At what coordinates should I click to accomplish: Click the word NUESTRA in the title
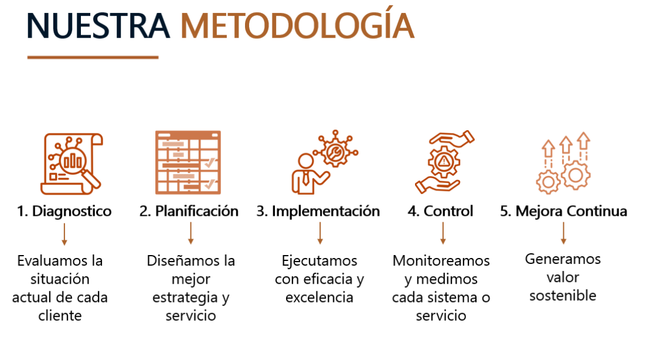(98, 26)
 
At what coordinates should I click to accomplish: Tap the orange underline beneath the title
(93, 57)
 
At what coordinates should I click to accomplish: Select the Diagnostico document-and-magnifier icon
(72, 164)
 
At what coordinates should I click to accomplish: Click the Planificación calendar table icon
(188, 162)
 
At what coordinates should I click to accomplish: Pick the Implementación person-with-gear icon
(325, 162)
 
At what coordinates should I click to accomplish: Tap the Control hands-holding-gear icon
(444, 162)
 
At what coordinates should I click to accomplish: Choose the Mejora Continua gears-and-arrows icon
(563, 163)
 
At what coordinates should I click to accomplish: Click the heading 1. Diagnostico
(64, 211)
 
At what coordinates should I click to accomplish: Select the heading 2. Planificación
(189, 211)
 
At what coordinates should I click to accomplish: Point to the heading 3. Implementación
(318, 211)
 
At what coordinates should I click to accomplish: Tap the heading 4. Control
(440, 211)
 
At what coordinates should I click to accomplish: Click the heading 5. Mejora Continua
(564, 211)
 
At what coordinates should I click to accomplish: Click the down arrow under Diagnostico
(64, 234)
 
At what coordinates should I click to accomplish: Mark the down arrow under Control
(443, 233)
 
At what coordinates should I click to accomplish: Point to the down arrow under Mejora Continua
(564, 233)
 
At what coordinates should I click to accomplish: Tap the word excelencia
(319, 297)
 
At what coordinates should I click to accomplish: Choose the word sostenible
(563, 296)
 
